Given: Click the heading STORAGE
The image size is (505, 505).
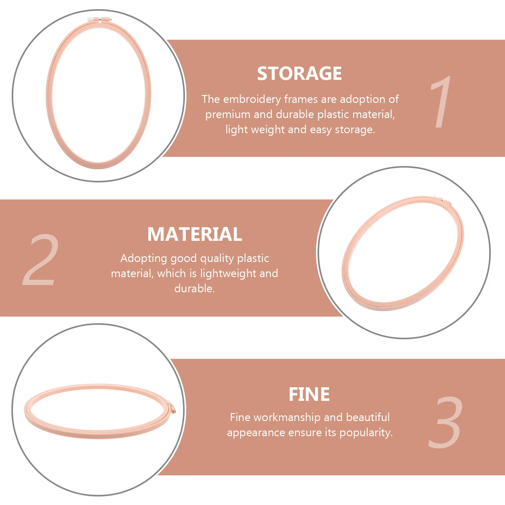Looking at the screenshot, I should coord(299,74).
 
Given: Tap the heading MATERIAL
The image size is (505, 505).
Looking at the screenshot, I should coord(195,234).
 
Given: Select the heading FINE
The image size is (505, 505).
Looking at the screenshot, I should coord(309,394).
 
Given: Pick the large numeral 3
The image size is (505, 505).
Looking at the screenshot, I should coord(446,422).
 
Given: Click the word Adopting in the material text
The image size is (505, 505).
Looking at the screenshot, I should coord(144,258).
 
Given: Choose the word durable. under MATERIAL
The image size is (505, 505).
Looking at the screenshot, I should coord(194,288).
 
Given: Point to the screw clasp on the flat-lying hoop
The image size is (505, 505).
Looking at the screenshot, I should coord(172,408).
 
